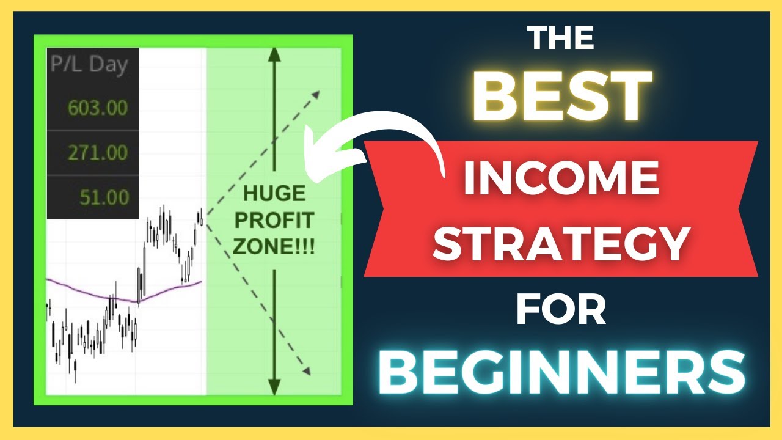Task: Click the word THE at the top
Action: (561, 39)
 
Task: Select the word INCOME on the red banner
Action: (561, 177)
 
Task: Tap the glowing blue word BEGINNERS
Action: (561, 373)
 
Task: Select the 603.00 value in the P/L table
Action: (98, 109)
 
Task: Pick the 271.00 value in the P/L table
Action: (98, 152)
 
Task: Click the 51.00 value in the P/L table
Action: (104, 197)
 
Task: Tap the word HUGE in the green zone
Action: (274, 194)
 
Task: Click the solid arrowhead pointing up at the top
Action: (274, 54)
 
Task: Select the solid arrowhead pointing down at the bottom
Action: (274, 386)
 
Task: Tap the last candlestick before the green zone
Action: (200, 217)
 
